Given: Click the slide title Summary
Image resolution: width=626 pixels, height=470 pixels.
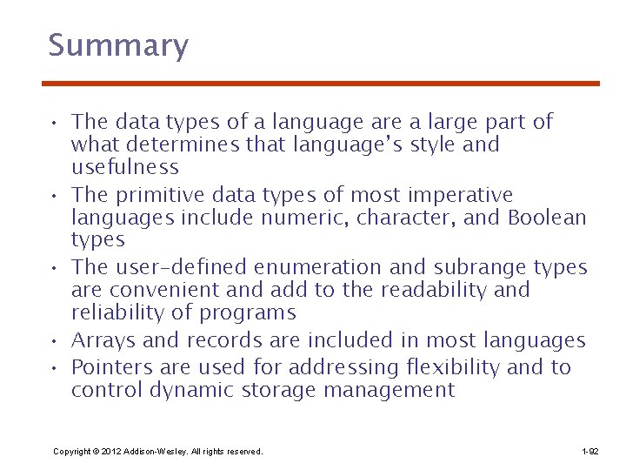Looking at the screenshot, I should click(x=118, y=45).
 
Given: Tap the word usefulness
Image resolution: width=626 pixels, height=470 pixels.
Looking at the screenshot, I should click(x=124, y=167).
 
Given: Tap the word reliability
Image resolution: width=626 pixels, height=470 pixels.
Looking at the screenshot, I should click(x=121, y=312).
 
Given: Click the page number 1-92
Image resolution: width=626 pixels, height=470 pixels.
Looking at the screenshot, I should click(x=589, y=452).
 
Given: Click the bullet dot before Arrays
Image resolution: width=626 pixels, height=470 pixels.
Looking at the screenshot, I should click(x=55, y=341).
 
